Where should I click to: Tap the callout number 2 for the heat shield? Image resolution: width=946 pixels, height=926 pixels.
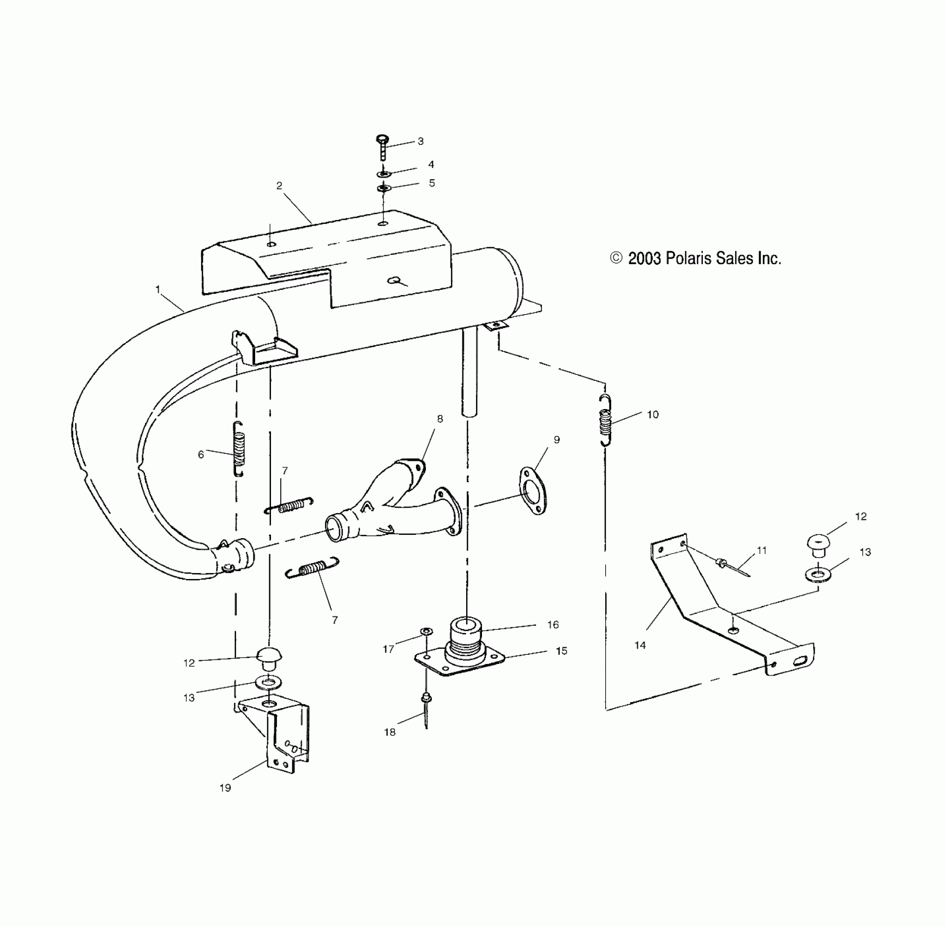[279, 186]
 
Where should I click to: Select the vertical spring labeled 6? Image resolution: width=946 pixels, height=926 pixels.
[239, 449]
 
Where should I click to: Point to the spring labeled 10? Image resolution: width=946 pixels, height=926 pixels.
[605, 420]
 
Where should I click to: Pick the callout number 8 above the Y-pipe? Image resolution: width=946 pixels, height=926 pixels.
[440, 419]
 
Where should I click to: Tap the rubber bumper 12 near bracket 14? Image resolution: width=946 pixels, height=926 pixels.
[816, 545]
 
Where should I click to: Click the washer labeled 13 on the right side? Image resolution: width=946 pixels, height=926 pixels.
[817, 574]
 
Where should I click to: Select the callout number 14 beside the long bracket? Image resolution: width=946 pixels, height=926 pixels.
[640, 645]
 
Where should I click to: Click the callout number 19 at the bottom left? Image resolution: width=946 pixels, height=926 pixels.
[225, 788]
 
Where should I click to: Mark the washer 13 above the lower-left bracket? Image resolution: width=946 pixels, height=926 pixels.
[268, 682]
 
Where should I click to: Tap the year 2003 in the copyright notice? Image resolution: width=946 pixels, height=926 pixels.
[644, 258]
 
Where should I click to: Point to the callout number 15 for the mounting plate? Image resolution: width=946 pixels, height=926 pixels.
[561, 651]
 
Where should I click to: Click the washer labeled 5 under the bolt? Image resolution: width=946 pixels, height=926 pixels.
[384, 188]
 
